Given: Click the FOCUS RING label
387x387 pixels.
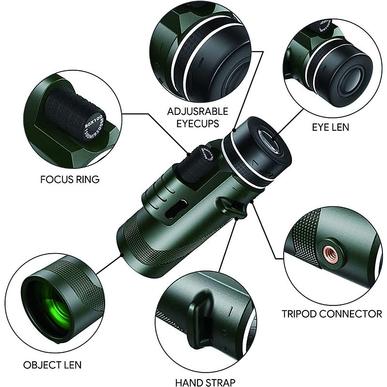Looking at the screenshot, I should (x=70, y=179).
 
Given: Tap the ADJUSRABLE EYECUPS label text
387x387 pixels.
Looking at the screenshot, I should (x=197, y=117).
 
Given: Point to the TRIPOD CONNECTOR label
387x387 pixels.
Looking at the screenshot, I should (x=332, y=313).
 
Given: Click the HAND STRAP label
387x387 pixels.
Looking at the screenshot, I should (x=205, y=383).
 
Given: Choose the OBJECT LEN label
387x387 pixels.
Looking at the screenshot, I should (x=52, y=365).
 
